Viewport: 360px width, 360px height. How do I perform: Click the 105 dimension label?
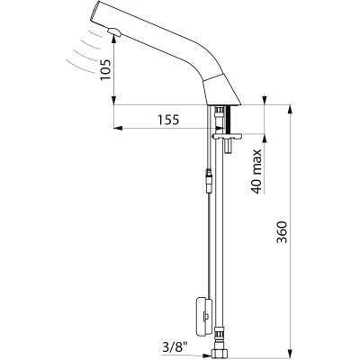[x=105, y=69]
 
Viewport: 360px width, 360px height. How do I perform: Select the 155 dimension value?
[x=168, y=120]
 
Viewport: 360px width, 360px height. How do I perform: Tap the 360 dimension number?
[x=282, y=232]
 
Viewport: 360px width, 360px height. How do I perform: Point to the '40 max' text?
[x=256, y=171]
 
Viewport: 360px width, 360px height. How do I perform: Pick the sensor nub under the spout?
[x=113, y=31]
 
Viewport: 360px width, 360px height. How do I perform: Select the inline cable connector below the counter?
[x=209, y=180]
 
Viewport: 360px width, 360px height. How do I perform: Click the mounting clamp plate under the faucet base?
[x=228, y=137]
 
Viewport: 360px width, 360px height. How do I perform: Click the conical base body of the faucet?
[x=222, y=89]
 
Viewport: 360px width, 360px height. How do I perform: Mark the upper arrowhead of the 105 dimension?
[x=113, y=39]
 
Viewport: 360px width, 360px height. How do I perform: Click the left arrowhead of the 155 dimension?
[x=119, y=128]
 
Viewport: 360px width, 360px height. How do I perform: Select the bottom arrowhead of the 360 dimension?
[x=290, y=353]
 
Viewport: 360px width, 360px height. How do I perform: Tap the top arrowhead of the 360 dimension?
[x=290, y=109]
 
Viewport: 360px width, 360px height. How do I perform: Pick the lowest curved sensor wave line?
[x=78, y=67]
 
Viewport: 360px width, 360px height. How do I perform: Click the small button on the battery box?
[x=206, y=316]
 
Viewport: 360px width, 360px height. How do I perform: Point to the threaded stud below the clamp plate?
[x=229, y=146]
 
